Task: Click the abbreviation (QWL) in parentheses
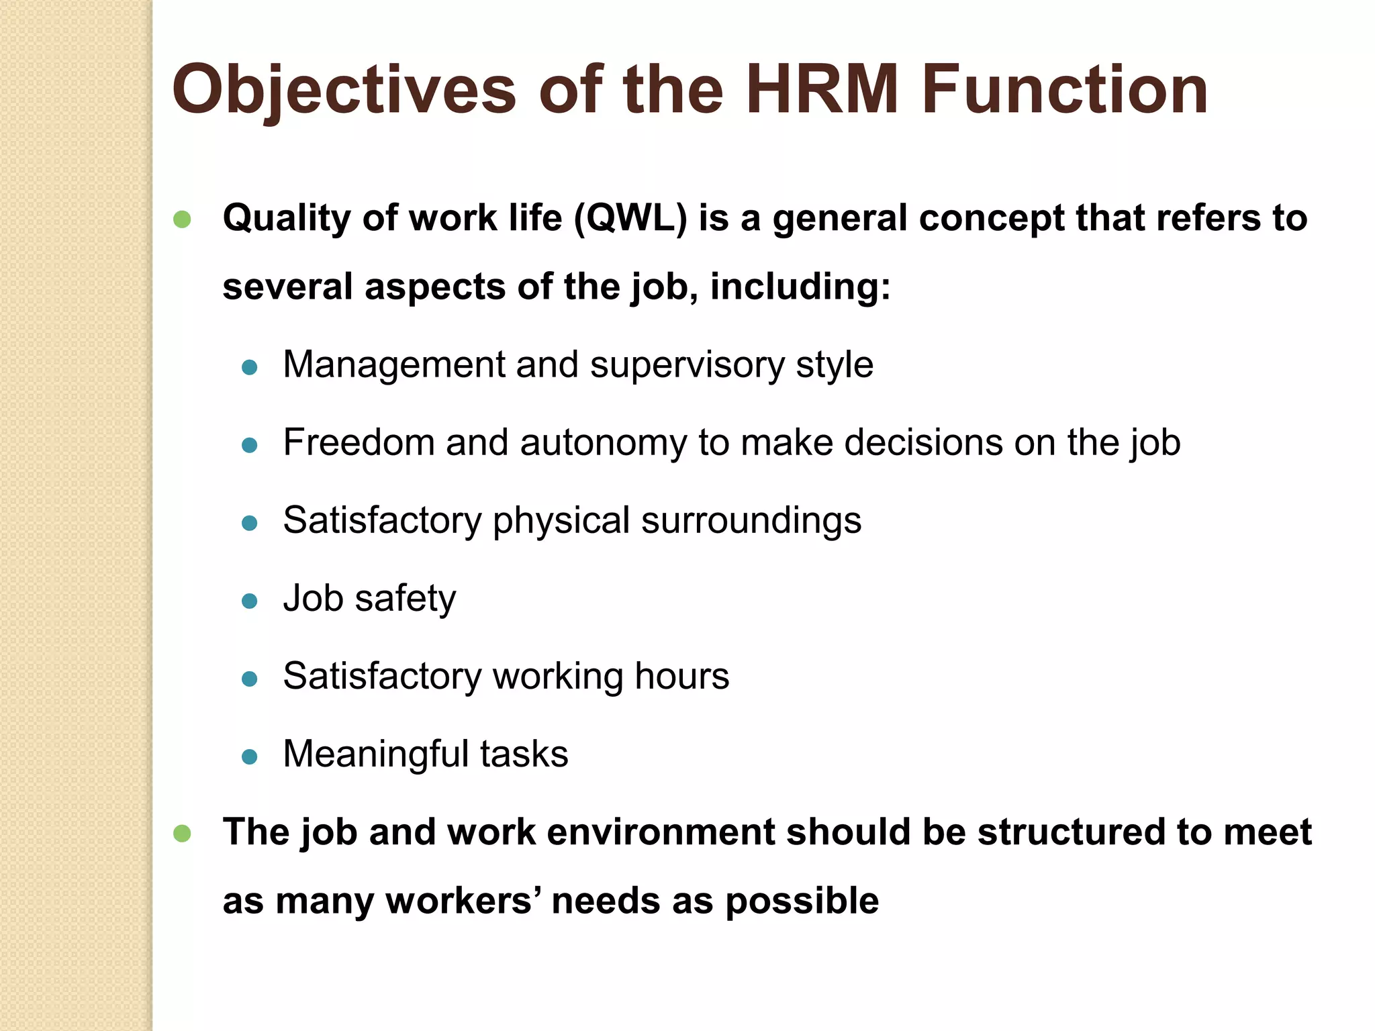[x=630, y=218]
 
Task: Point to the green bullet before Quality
[x=182, y=219]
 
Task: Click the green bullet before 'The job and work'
[x=182, y=834]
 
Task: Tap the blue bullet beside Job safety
[x=250, y=601]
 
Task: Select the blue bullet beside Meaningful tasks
[x=250, y=756]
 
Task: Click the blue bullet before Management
[x=250, y=367]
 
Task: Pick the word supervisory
[x=687, y=366]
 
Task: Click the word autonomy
[x=602, y=443]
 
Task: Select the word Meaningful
[x=376, y=754]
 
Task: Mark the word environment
[x=661, y=832]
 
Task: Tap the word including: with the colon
[x=800, y=287]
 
